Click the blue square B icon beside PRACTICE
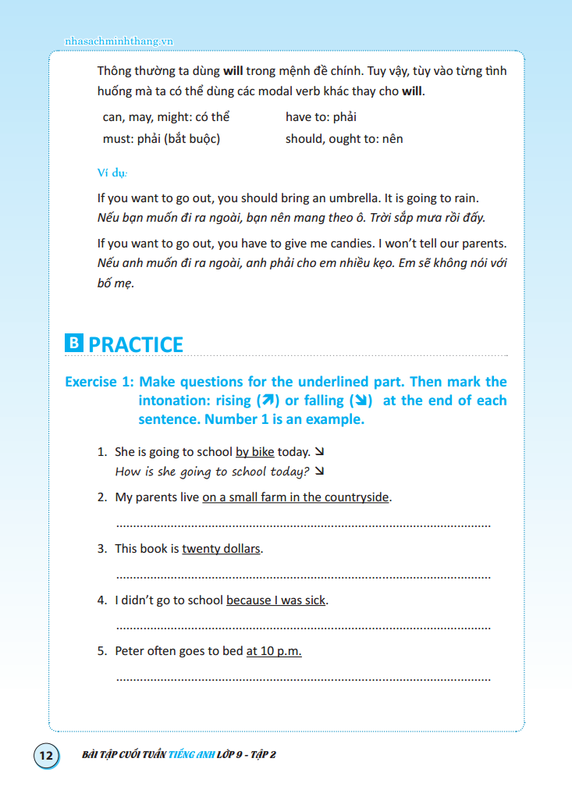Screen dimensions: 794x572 [x=73, y=344]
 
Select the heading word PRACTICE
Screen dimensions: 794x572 [x=136, y=344]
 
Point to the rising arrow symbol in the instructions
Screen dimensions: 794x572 [x=268, y=401]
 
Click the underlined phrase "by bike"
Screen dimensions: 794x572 [x=254, y=452]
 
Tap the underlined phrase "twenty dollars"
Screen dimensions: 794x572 [x=221, y=549]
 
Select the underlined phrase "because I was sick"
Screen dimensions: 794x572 [x=276, y=600]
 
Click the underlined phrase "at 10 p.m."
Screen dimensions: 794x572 [x=273, y=651]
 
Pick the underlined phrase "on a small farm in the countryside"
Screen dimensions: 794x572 [x=295, y=497]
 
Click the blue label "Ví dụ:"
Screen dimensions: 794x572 [x=112, y=172]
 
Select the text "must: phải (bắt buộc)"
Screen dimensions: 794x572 [x=162, y=139]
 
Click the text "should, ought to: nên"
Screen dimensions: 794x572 [x=344, y=139]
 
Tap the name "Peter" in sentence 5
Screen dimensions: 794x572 [x=130, y=651]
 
